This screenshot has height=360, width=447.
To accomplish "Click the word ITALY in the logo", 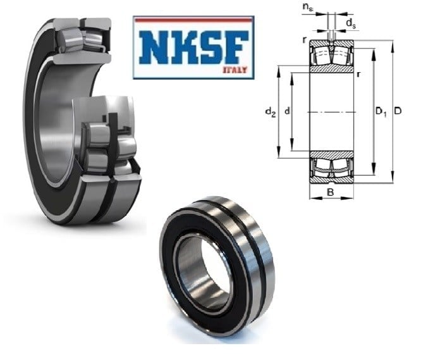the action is tap(235, 70).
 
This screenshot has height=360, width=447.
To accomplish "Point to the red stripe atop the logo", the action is tap(193, 20).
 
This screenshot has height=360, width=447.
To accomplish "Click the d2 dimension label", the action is tap(271, 111).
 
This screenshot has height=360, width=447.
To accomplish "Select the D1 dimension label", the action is tap(381, 111).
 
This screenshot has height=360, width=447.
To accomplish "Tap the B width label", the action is tap(330, 192).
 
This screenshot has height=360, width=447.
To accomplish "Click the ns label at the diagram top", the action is tap(308, 8).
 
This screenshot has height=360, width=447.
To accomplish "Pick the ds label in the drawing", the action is tap(351, 24).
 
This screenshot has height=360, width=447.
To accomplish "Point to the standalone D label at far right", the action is tap(398, 111).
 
